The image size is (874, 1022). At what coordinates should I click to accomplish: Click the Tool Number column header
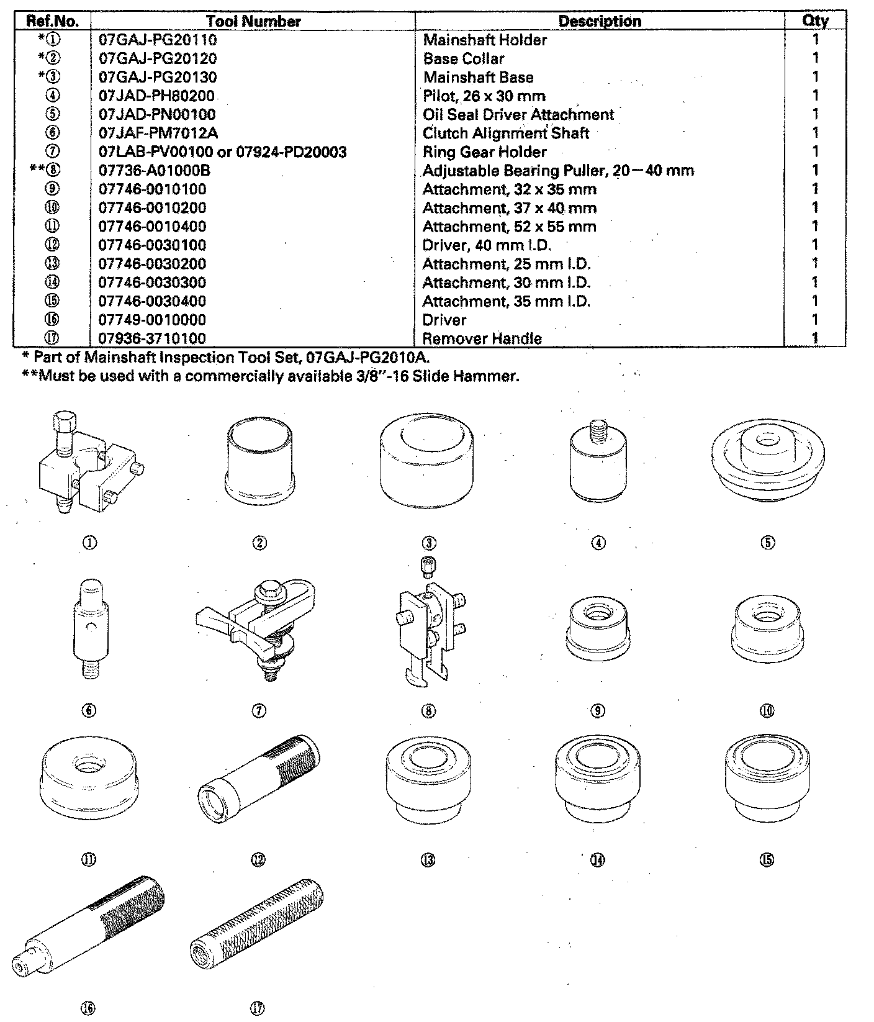[253, 21]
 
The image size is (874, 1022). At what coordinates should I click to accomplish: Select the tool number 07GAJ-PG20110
[158, 40]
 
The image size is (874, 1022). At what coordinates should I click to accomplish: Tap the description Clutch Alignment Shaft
[505, 133]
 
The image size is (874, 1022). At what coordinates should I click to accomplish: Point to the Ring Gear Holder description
[484, 152]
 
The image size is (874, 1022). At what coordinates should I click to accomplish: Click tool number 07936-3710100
[152, 339]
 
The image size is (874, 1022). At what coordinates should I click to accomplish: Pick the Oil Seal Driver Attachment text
[518, 115]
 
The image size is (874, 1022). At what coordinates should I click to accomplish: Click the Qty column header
[815, 21]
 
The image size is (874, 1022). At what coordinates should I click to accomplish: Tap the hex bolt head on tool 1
[64, 423]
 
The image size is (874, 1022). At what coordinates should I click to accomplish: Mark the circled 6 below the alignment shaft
[89, 711]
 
